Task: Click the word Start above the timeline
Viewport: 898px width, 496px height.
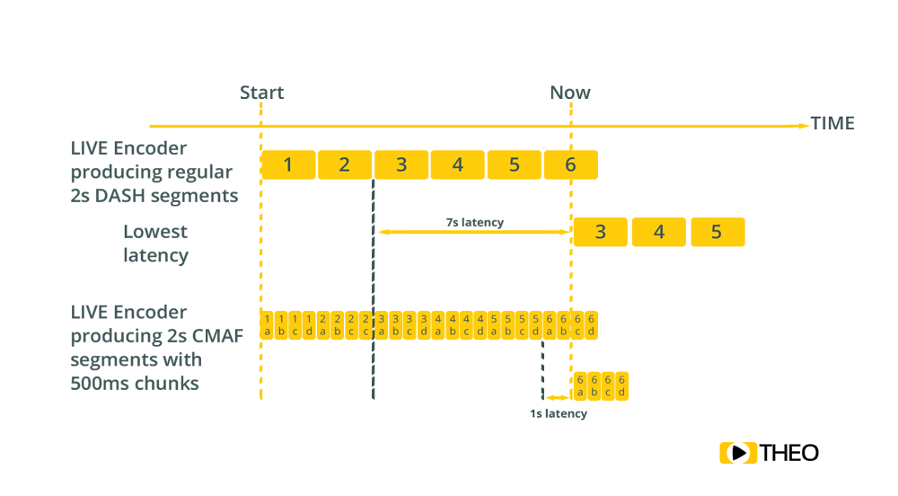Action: click(261, 93)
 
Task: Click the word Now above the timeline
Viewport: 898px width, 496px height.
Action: click(569, 93)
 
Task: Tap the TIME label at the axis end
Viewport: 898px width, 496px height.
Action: click(832, 124)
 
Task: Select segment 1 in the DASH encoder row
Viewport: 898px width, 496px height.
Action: click(287, 164)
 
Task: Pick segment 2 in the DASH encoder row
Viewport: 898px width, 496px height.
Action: click(344, 164)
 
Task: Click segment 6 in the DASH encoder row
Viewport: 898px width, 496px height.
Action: click(570, 164)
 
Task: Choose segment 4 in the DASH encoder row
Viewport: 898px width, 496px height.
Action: click(457, 164)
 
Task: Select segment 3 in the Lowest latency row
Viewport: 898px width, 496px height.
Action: click(600, 232)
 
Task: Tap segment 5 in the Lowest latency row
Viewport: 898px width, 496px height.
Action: click(717, 232)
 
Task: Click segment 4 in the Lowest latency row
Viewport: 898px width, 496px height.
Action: click(658, 232)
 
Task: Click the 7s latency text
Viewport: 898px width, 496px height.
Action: click(474, 222)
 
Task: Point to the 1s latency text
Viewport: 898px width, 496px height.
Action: click(558, 414)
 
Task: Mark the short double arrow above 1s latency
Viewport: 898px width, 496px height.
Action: click(557, 397)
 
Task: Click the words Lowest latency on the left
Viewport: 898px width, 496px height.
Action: click(155, 244)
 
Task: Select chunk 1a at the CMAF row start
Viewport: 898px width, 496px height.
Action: click(266, 325)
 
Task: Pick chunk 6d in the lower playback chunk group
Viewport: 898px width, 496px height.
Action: click(621, 385)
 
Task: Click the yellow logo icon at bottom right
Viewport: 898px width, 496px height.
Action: click(738, 454)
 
